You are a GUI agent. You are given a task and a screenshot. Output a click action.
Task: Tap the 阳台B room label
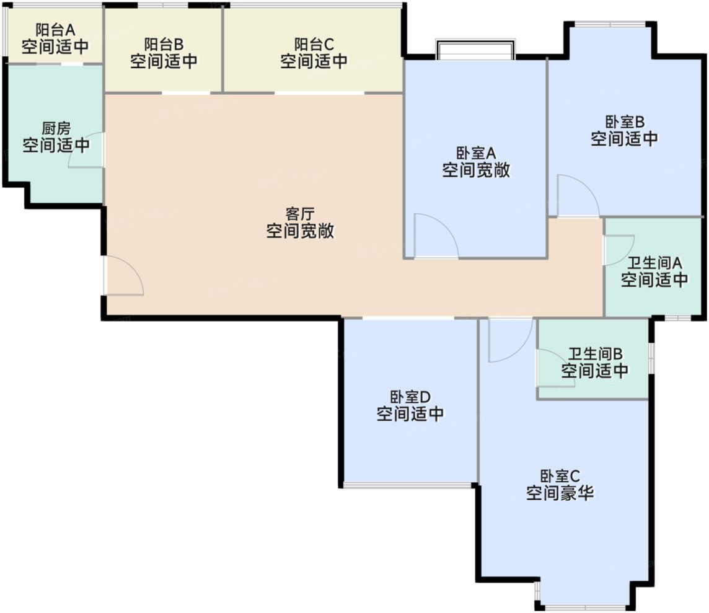pyautogui.click(x=164, y=45)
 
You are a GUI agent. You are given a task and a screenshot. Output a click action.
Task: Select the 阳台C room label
pyautogui.click(x=314, y=45)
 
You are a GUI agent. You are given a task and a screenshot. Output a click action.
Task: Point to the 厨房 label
pyautogui.click(x=56, y=129)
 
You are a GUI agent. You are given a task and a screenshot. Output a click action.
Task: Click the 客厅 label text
pyautogui.click(x=300, y=214)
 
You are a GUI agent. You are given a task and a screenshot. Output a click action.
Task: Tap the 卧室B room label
pyautogui.click(x=625, y=121)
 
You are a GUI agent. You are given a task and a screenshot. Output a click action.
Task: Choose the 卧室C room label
pyautogui.click(x=560, y=476)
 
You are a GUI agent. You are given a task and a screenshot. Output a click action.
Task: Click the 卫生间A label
pyautogui.click(x=654, y=263)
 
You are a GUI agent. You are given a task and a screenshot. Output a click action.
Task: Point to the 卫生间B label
pyautogui.click(x=595, y=355)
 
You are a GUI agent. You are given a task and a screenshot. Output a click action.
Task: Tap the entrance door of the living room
pyautogui.click(x=124, y=276)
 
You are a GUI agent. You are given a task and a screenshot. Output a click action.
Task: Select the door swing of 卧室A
pyautogui.click(x=435, y=236)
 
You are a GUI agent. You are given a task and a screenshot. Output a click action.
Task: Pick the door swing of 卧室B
pyautogui.click(x=578, y=196)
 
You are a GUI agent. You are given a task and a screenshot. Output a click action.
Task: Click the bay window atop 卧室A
pyautogui.click(x=475, y=50)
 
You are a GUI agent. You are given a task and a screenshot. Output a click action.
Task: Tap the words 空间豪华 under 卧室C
pyautogui.click(x=560, y=493)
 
